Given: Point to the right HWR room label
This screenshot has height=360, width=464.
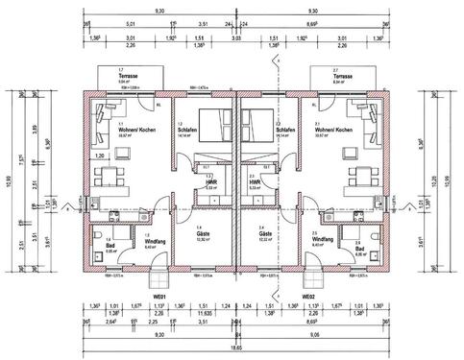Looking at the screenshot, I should tap(256, 182).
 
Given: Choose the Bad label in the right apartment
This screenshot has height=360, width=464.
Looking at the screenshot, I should tap(359, 247).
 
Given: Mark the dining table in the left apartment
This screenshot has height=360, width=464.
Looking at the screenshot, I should tap(111, 176).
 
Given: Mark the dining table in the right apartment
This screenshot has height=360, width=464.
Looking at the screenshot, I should tap(359, 176).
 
